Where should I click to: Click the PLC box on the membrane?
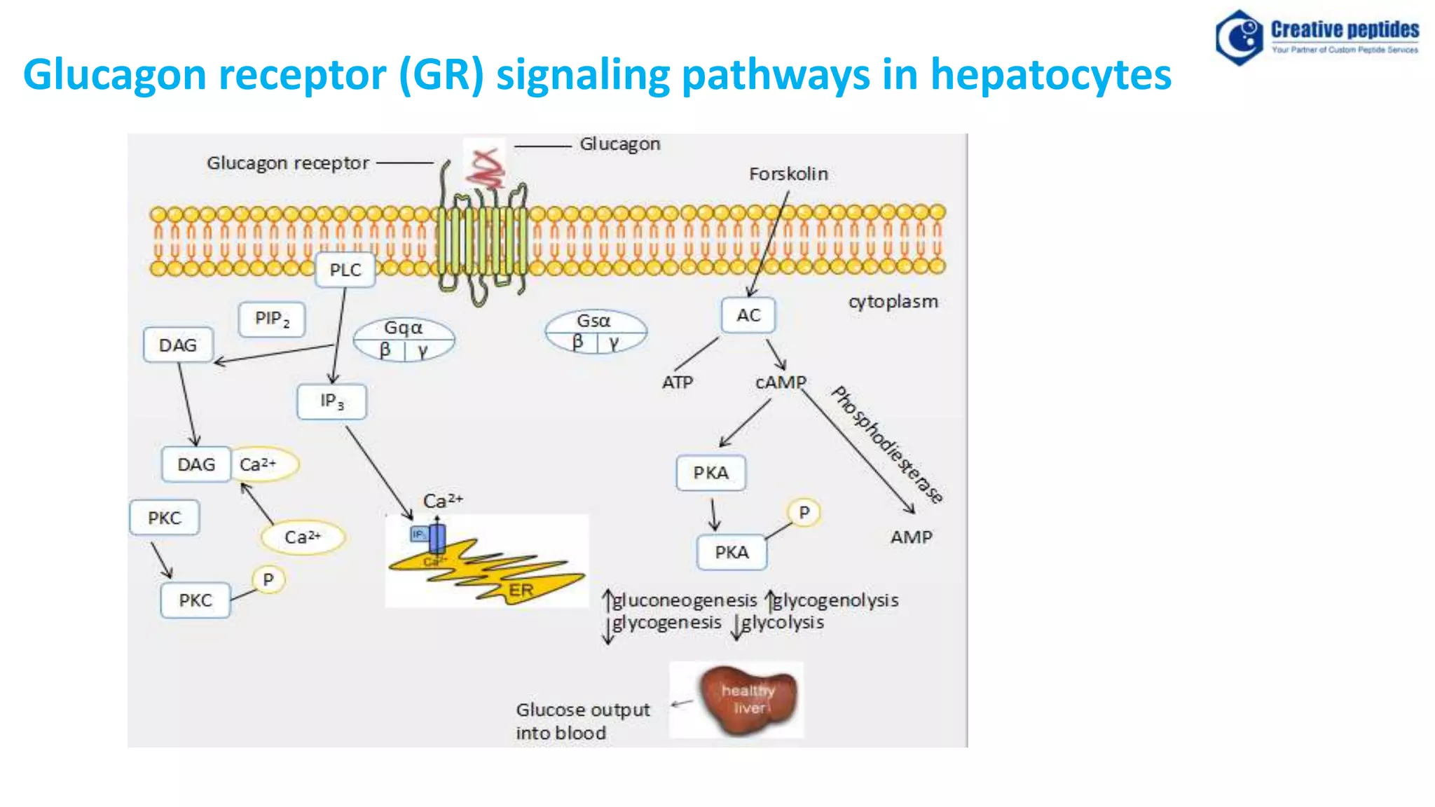[x=345, y=270]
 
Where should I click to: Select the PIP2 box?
[x=272, y=319]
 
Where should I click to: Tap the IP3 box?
[x=331, y=401]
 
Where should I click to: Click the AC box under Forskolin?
[x=748, y=316]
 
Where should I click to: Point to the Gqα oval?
[x=404, y=339]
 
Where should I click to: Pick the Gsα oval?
[x=595, y=331]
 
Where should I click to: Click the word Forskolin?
[x=788, y=174]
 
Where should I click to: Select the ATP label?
[x=677, y=382]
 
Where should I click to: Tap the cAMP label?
[x=781, y=382]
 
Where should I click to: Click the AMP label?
[x=911, y=537]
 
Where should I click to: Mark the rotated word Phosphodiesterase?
[x=887, y=444]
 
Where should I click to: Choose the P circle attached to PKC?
[x=268, y=580]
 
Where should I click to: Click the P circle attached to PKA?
[x=804, y=513]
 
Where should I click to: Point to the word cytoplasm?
[x=893, y=302]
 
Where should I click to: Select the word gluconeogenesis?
[x=685, y=600]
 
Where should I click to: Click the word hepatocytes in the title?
[x=1050, y=74]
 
